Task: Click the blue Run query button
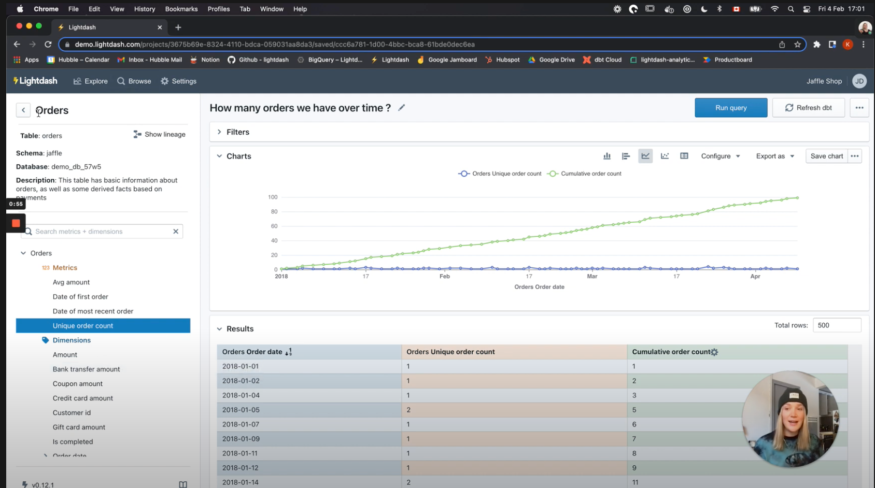tap(730, 108)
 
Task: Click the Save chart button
tap(826, 156)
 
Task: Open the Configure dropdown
tap(720, 156)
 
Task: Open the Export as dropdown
tap(774, 156)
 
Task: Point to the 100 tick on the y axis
tap(273, 197)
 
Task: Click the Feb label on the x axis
tap(444, 277)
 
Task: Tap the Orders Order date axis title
tap(539, 287)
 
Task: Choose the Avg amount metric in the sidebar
tap(71, 282)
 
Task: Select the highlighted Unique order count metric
tap(83, 326)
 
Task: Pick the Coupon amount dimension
tap(78, 384)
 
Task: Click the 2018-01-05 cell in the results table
tap(241, 410)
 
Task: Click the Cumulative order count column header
tap(671, 352)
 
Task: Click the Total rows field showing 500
tap(836, 325)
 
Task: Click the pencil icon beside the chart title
tap(401, 108)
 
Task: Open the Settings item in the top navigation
tap(179, 81)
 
